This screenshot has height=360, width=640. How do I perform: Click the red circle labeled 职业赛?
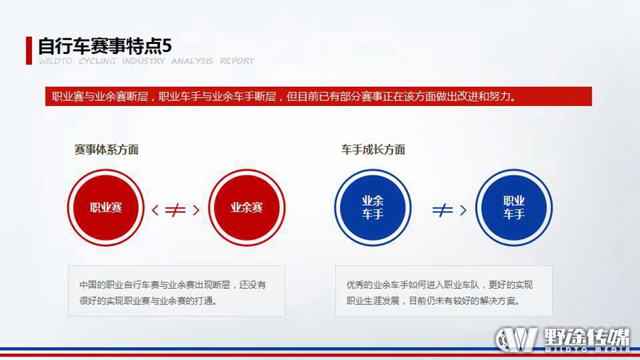tap(106, 208)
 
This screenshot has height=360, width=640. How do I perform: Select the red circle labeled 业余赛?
tap(247, 208)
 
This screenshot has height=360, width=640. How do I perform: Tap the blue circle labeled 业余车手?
tap(373, 208)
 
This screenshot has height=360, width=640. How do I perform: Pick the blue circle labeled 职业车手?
tap(514, 208)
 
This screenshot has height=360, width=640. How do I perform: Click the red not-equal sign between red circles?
tap(175, 210)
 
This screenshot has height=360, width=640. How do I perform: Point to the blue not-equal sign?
tap(442, 210)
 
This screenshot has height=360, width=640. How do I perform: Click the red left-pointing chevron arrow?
tap(155, 210)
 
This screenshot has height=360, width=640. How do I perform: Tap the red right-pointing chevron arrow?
tap(196, 210)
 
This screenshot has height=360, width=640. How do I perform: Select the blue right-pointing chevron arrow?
tap(463, 210)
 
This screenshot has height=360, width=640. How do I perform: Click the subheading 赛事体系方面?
tap(107, 150)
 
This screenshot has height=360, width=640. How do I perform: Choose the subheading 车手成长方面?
tap(373, 150)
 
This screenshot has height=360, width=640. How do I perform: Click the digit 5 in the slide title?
tap(166, 46)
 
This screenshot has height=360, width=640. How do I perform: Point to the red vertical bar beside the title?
tap(29, 51)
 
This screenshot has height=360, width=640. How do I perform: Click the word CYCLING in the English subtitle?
tap(97, 61)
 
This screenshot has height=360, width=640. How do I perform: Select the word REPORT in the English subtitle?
tap(237, 61)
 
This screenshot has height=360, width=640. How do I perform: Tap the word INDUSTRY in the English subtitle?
tap(143, 61)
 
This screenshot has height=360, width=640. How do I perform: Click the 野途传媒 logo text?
tap(587, 337)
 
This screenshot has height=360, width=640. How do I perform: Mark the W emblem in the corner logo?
tap(517, 339)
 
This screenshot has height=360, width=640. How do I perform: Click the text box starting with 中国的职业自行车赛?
tap(177, 291)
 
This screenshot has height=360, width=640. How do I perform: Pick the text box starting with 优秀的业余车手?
tap(444, 291)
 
